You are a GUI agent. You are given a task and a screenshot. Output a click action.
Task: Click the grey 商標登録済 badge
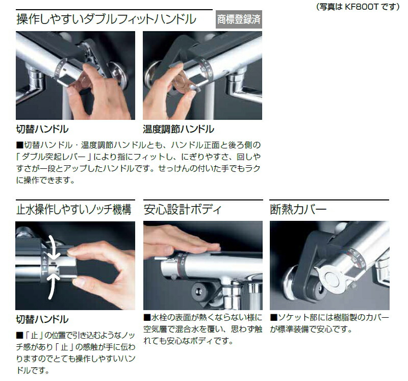pyautogui.click(x=239, y=19)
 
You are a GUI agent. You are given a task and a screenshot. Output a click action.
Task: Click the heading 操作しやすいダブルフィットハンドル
pyautogui.click(x=106, y=19)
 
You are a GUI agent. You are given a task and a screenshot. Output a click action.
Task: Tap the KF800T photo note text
pyautogui.click(x=358, y=7)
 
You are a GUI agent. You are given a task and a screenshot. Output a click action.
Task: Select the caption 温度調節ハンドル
pyautogui.click(x=178, y=129)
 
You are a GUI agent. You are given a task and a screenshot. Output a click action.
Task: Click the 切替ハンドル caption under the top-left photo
pyautogui.click(x=42, y=129)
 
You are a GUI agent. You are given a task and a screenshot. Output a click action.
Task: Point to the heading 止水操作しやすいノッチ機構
pyautogui.click(x=73, y=210)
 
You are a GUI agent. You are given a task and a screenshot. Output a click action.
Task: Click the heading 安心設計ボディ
pyautogui.click(x=183, y=210)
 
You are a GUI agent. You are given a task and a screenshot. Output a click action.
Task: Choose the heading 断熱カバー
pyautogui.click(x=298, y=210)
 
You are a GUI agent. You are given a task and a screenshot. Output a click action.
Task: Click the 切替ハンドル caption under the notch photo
pyautogui.click(x=42, y=319)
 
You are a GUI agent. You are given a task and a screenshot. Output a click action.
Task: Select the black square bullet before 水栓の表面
pyautogui.click(x=147, y=317)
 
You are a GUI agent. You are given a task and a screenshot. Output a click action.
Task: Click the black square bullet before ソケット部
pyautogui.click(x=274, y=317)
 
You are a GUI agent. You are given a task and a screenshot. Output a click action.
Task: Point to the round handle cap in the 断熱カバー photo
pyautogui.click(x=333, y=278)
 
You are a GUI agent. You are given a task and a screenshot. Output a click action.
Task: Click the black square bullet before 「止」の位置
pyautogui.click(x=19, y=336)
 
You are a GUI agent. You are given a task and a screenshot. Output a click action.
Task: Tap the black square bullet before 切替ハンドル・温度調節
pyautogui.click(x=20, y=145)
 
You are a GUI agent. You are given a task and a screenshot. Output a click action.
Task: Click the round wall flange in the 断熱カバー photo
pyautogui.click(x=291, y=283)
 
